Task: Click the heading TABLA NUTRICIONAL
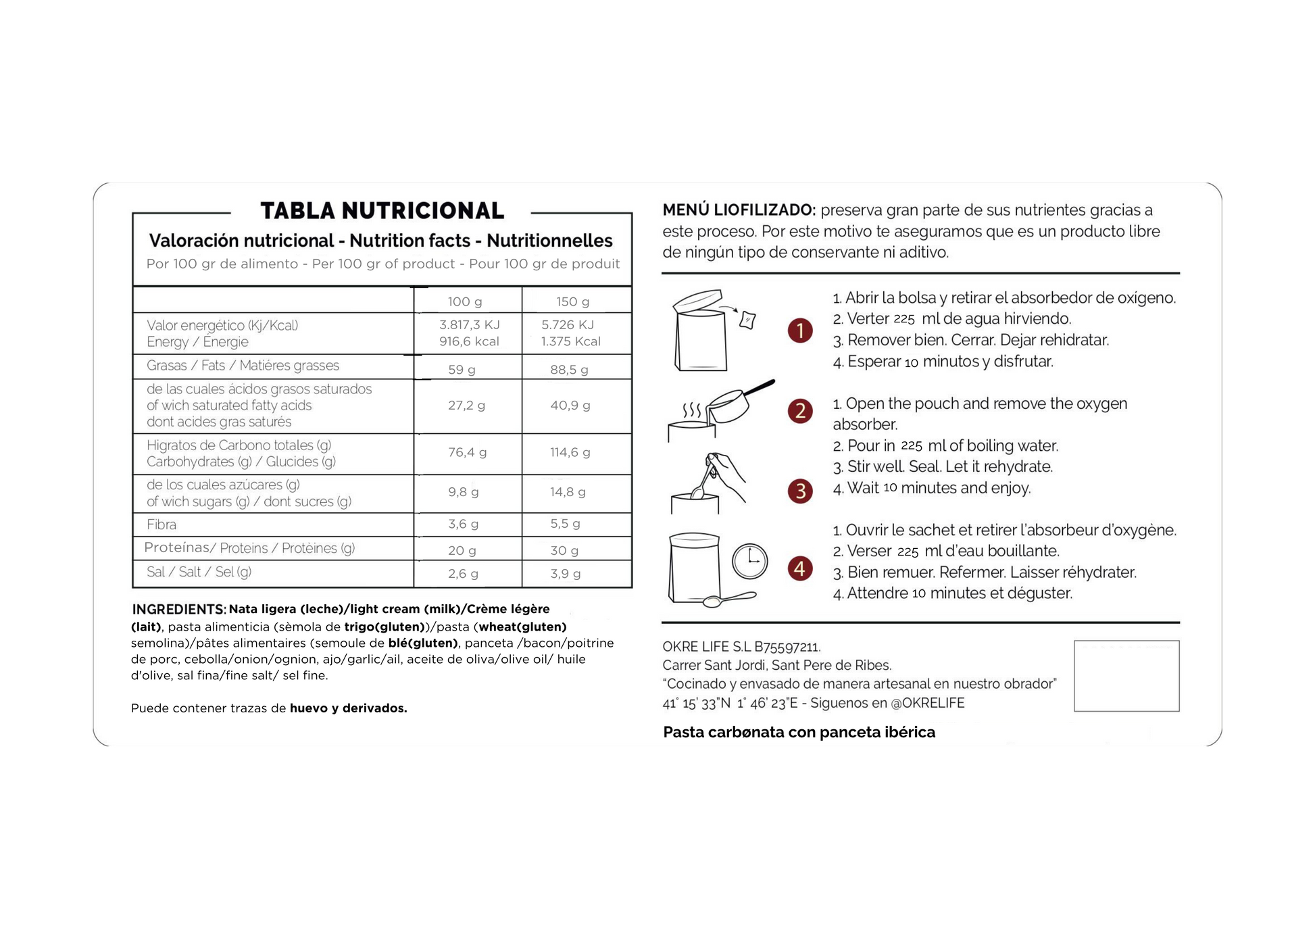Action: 382,211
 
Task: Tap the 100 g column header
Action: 465,301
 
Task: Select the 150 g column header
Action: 572,301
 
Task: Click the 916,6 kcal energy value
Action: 469,341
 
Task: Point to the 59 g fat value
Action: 462,370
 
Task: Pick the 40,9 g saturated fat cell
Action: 570,406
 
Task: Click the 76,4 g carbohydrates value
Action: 467,452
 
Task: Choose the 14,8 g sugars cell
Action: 568,492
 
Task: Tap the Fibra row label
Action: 162,524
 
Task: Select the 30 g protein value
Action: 564,550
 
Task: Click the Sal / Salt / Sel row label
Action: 199,572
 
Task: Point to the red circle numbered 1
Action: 800,331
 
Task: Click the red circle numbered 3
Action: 800,491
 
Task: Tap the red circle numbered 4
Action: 800,568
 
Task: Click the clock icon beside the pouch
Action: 750,561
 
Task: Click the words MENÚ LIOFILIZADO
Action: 739,210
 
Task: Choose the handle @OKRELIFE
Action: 928,703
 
